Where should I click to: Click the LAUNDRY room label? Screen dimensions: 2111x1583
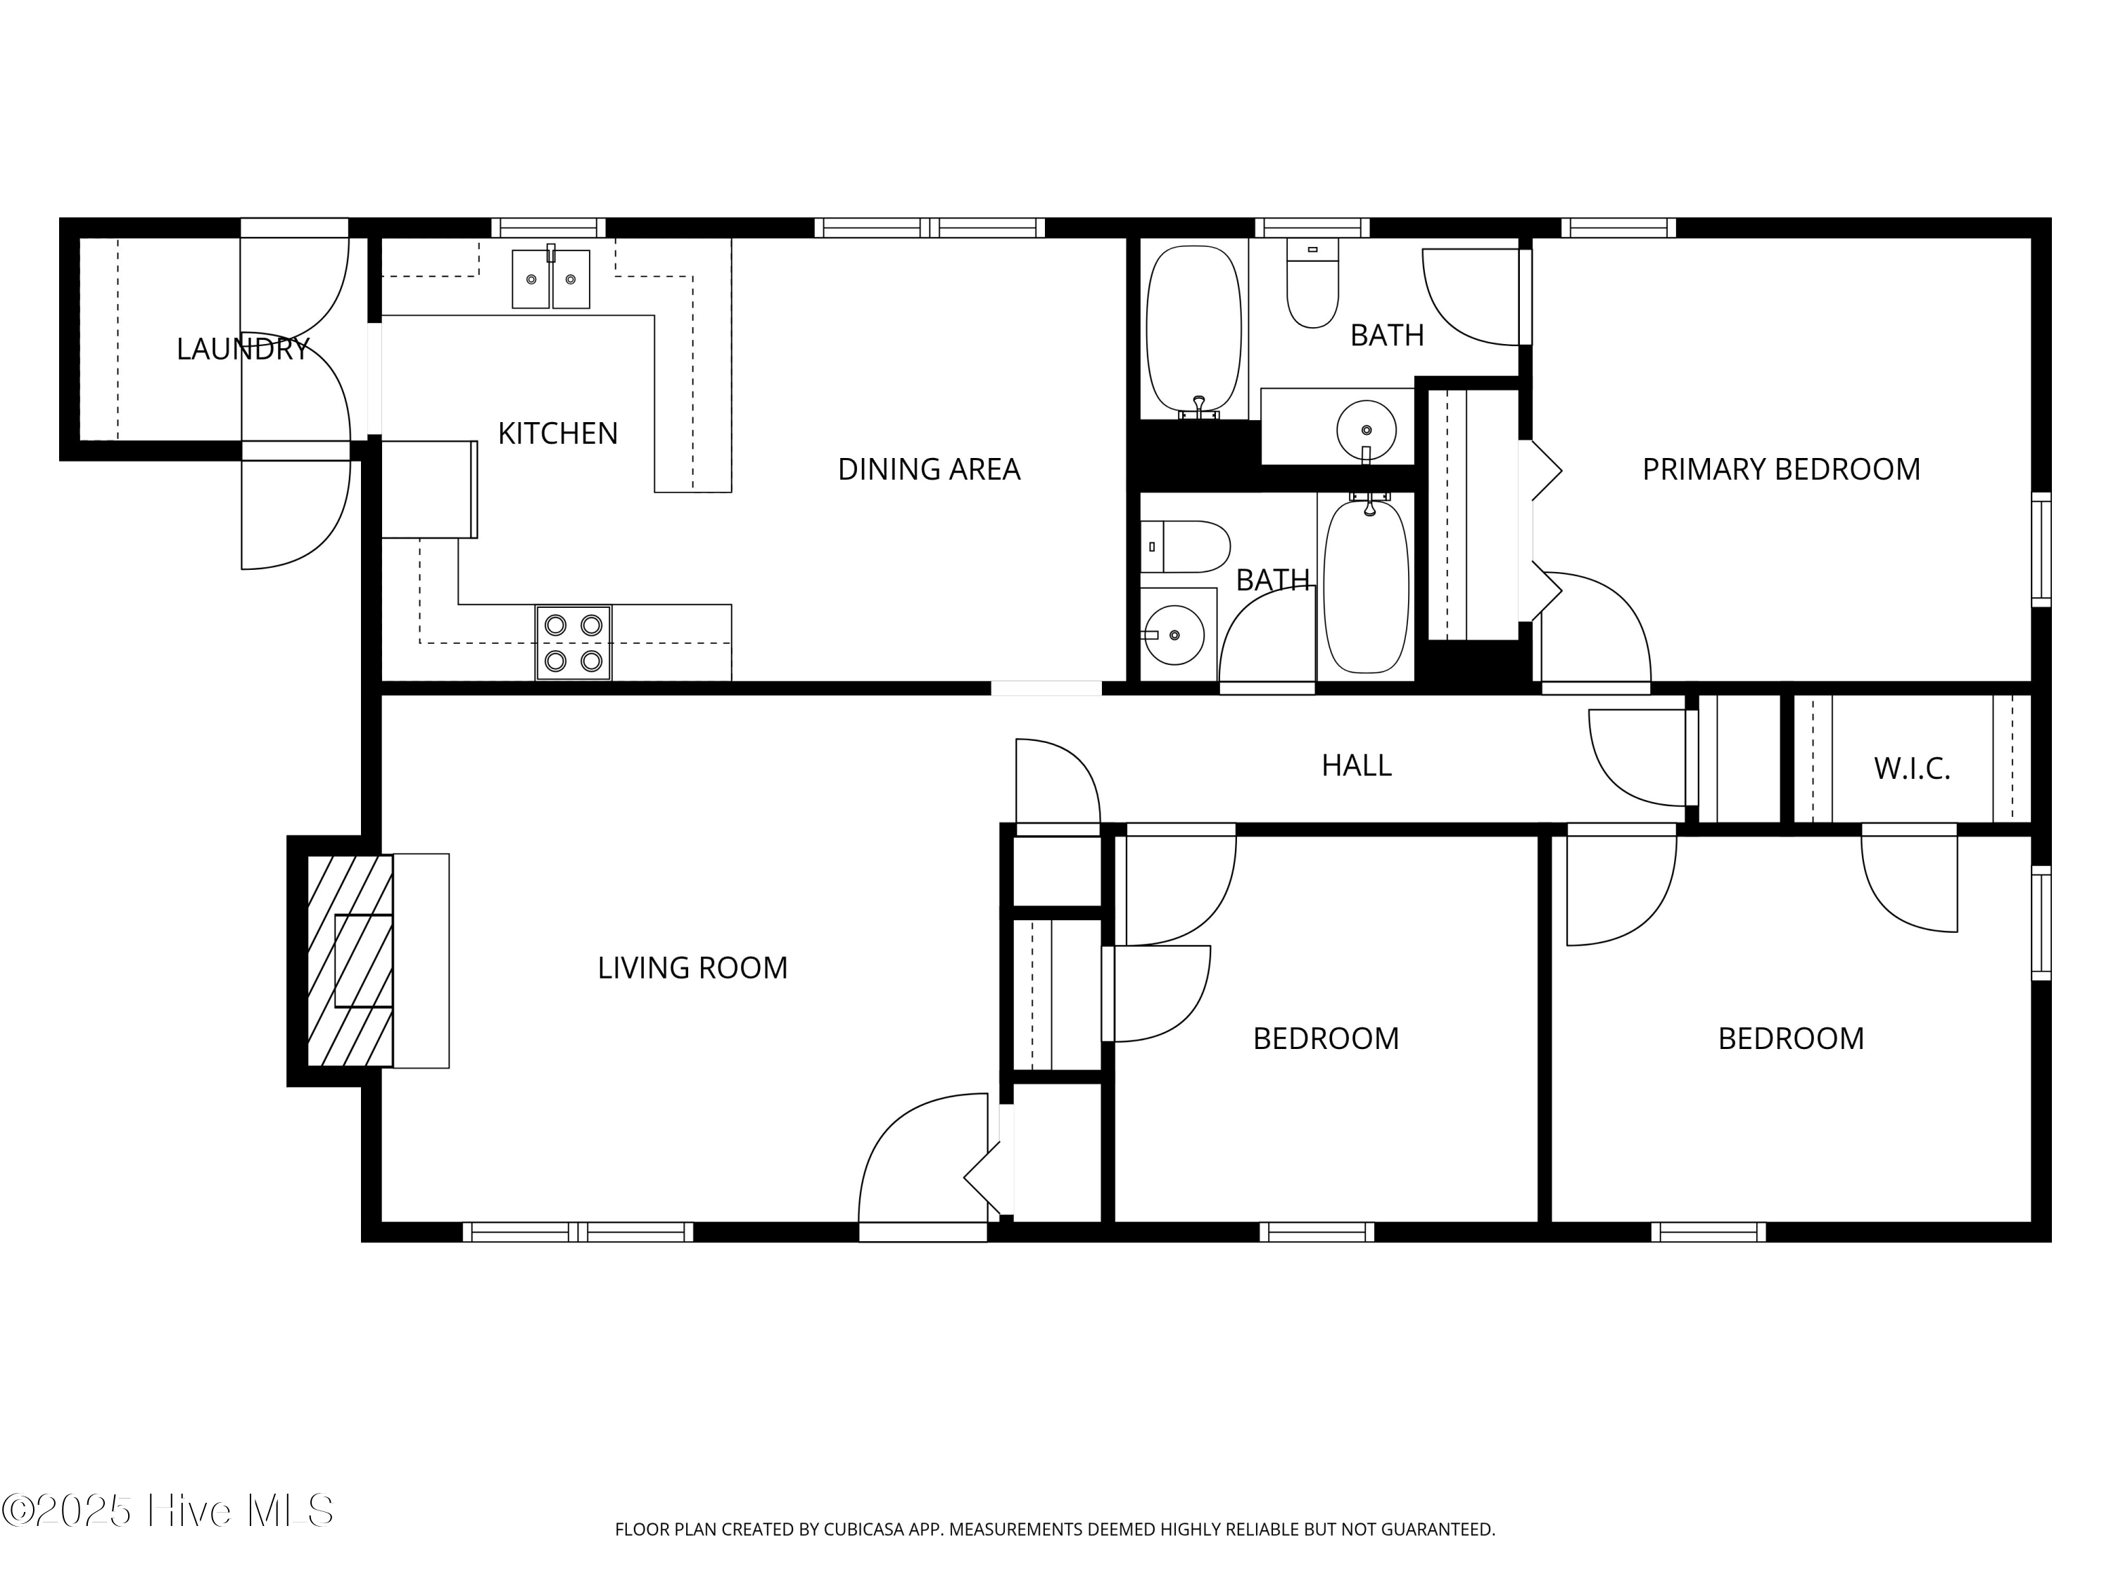pos(243,349)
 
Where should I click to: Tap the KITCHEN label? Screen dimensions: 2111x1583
pos(558,434)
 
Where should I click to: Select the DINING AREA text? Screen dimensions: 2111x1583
pos(930,469)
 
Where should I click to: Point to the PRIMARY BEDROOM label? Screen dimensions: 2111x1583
pos(1781,469)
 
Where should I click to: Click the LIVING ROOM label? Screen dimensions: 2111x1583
pos(693,969)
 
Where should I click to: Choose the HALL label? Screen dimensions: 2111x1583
pos(1356,765)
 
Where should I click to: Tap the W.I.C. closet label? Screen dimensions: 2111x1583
pos(1912,769)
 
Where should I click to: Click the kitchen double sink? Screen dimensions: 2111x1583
pos(551,279)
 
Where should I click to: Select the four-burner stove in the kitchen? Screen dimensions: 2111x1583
pos(573,643)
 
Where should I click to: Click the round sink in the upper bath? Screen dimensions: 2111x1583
pos(1366,431)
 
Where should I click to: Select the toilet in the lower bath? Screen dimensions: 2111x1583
pos(1185,547)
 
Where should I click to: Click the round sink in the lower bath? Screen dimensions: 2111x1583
pos(1173,635)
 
